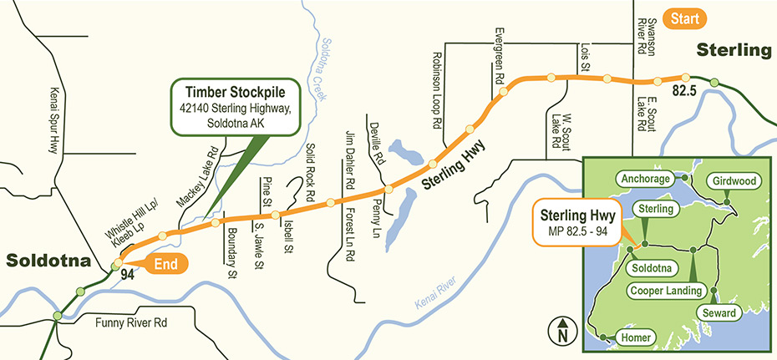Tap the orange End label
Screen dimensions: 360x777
167,264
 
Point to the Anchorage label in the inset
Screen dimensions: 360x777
645,179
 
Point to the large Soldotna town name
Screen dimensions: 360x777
48,261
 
